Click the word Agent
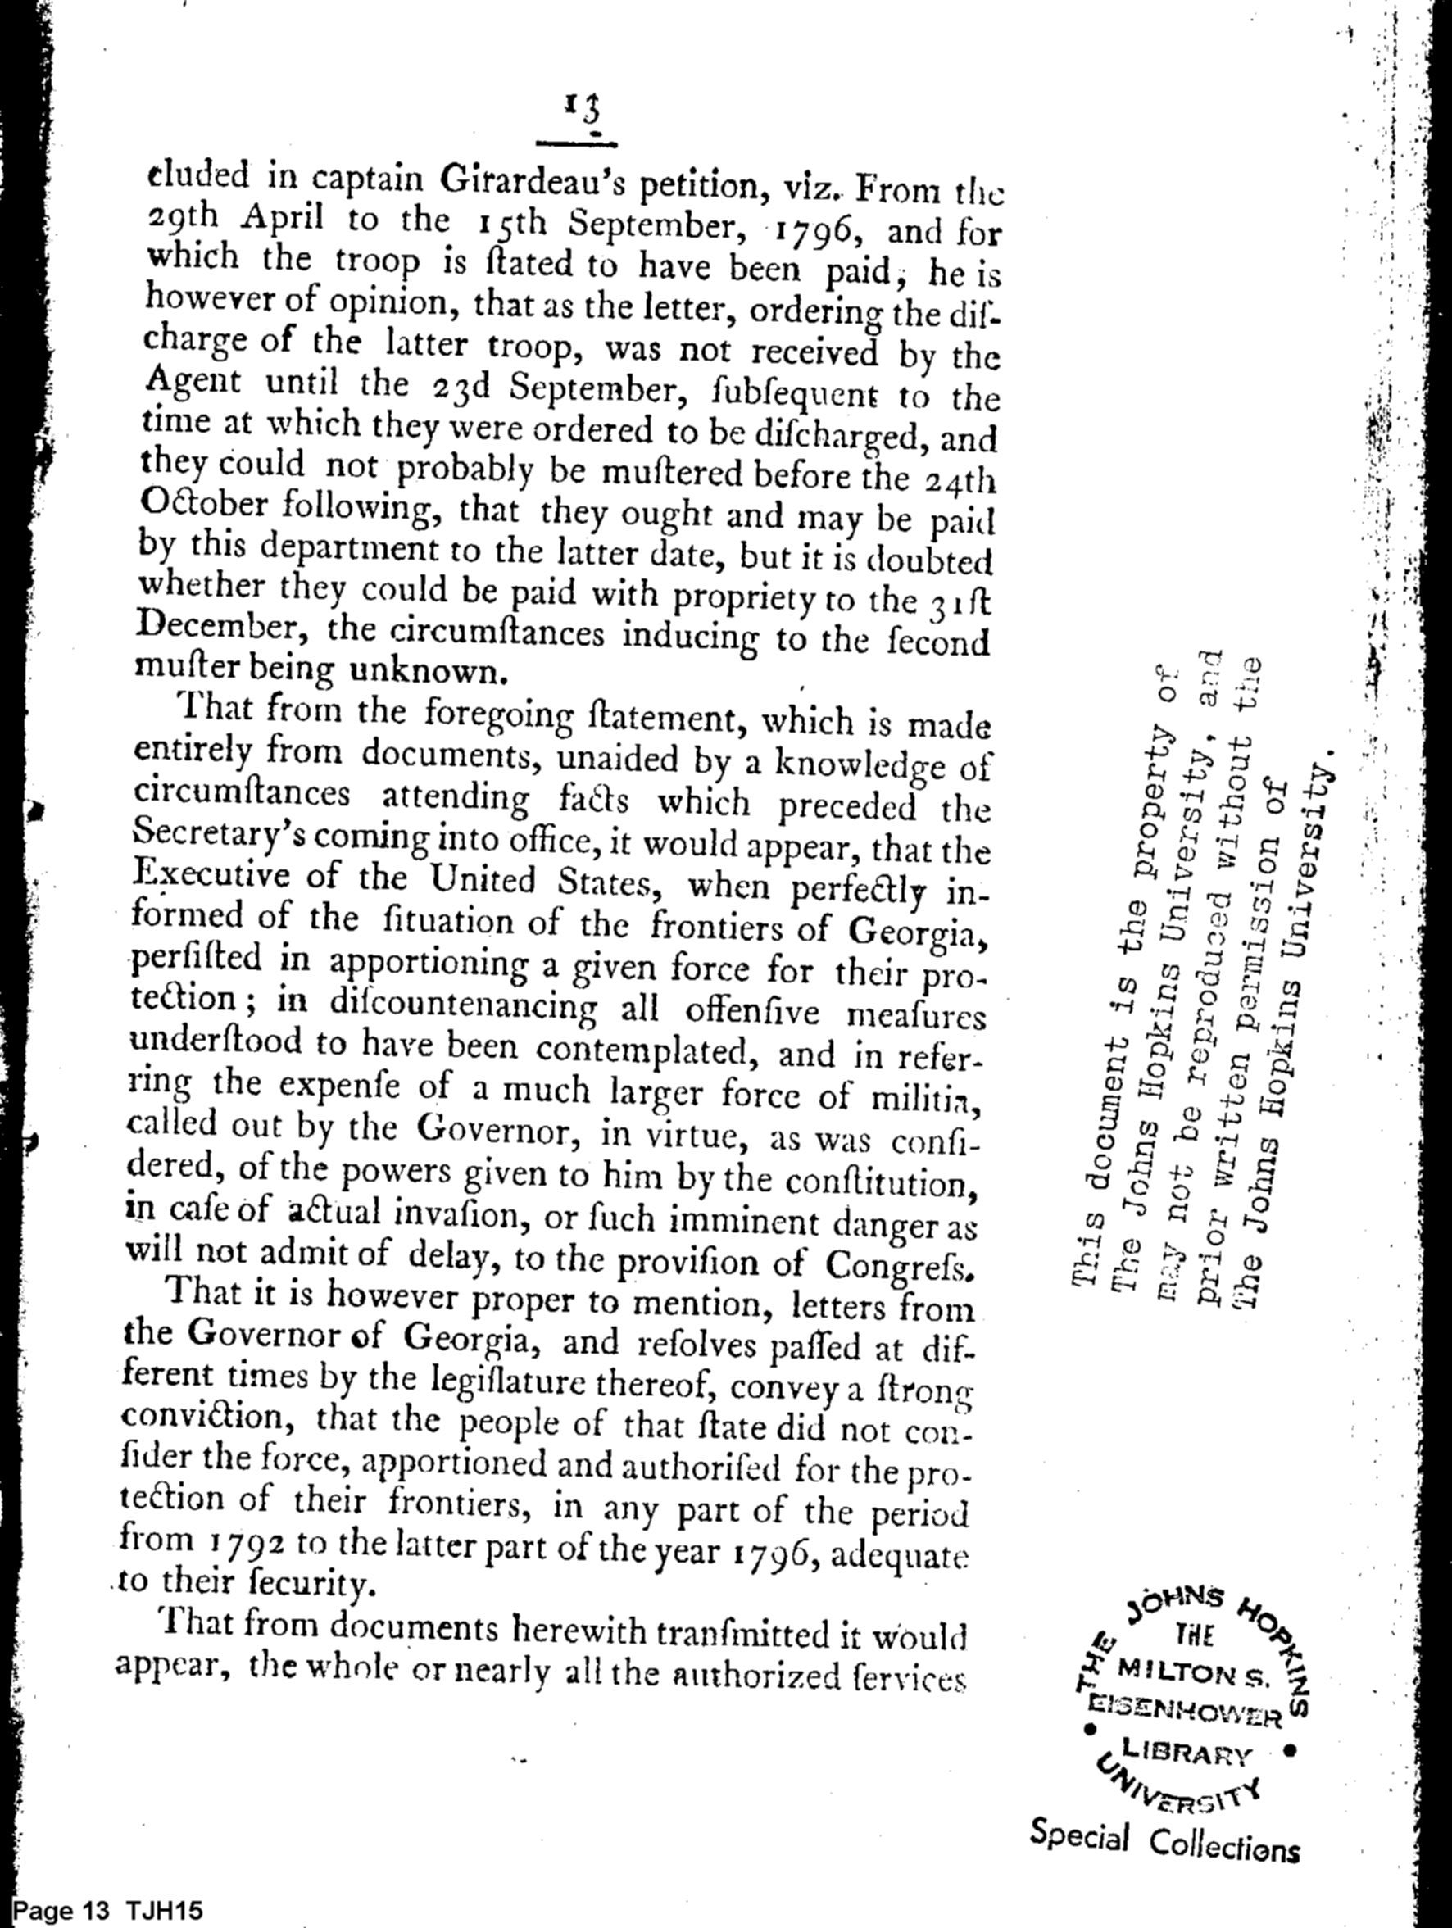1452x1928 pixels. click(193, 382)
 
